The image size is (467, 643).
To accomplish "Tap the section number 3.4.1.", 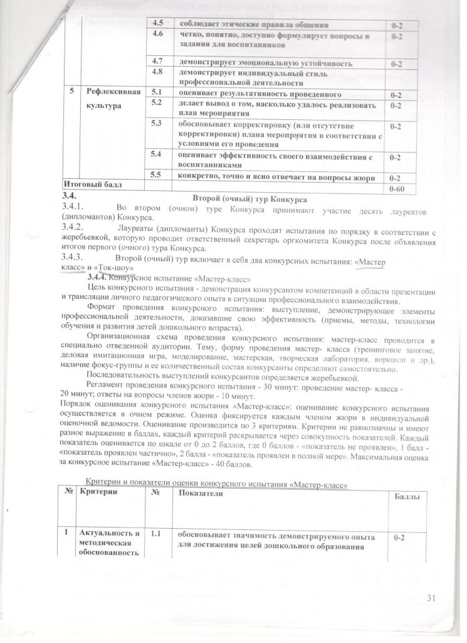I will click(74, 207).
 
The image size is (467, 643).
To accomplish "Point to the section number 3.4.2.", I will click(74, 228).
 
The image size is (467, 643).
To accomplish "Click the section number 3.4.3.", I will click(74, 257).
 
